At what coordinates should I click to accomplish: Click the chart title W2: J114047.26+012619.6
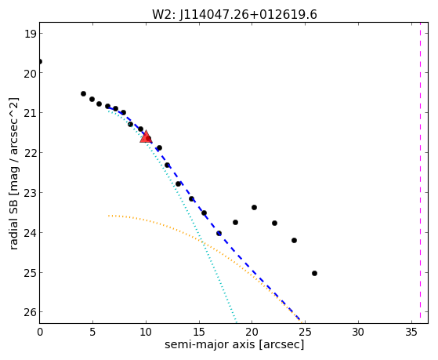pyautogui.click(x=234, y=15)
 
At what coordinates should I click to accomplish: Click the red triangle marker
pyautogui.click(x=146, y=136)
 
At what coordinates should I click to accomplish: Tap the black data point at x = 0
pyautogui.click(x=40, y=61)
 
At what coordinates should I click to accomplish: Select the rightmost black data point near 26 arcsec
pyautogui.click(x=314, y=273)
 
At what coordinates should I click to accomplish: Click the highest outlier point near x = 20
pyautogui.click(x=254, y=207)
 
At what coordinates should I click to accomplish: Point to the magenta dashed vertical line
pyautogui.click(x=421, y=173)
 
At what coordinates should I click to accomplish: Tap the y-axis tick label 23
pyautogui.click(x=30, y=193)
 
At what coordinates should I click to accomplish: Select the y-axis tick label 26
pyautogui.click(x=30, y=312)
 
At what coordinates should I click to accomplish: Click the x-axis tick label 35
pyautogui.click(x=411, y=333)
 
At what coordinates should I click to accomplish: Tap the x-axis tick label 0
pyautogui.click(x=40, y=333)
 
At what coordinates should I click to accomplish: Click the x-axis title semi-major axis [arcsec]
pyautogui.click(x=234, y=344)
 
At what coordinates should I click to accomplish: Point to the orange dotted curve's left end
pyautogui.click(x=109, y=216)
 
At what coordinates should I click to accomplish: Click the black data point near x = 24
pyautogui.click(x=294, y=240)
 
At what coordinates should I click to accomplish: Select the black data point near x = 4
pyautogui.click(x=83, y=93)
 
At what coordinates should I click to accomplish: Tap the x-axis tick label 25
pyautogui.click(x=305, y=333)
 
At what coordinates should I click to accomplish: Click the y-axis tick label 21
pyautogui.click(x=31, y=113)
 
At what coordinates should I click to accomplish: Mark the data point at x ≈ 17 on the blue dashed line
pyautogui.click(x=219, y=233)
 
